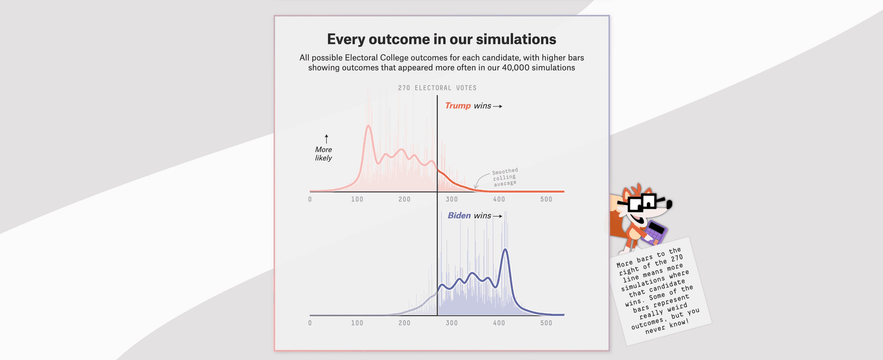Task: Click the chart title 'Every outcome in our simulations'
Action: point(441,39)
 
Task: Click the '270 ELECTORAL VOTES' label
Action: point(437,88)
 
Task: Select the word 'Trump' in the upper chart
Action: point(458,105)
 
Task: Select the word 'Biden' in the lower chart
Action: point(459,215)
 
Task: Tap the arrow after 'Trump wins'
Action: point(498,106)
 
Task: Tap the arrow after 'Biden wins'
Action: point(498,216)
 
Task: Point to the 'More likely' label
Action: point(323,153)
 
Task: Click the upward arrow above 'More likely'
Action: point(326,138)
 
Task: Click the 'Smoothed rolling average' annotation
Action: point(504,177)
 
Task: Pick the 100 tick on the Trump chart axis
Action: point(357,199)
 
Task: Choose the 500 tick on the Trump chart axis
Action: point(546,199)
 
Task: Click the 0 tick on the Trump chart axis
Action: point(310,199)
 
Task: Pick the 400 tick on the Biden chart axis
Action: point(499,323)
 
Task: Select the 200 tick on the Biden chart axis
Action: point(405,323)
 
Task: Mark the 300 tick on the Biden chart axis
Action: point(451,323)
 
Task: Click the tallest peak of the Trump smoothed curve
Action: point(368,126)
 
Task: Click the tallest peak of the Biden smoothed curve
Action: point(505,250)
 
